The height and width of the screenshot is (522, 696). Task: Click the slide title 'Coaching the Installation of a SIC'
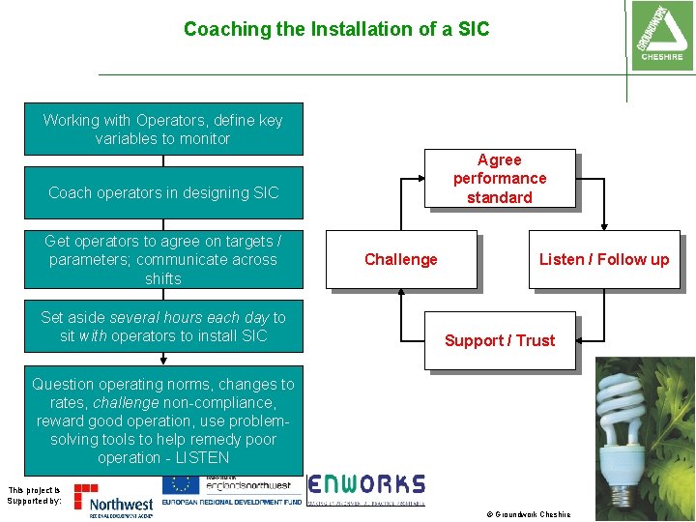336,29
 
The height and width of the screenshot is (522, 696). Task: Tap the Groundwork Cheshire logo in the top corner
661,34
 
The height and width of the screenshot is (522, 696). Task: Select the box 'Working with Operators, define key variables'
163,130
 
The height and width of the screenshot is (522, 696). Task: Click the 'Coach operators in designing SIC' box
163,192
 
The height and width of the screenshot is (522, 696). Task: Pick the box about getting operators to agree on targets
163,259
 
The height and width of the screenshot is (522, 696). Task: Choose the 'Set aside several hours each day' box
163,327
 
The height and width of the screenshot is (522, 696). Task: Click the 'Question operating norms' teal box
163,420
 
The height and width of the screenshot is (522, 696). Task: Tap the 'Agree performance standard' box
499,179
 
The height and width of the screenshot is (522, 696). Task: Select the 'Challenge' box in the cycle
400,259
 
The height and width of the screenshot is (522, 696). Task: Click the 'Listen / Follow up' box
603,259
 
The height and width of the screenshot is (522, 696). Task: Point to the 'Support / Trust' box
499,340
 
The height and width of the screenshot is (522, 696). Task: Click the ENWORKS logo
366,485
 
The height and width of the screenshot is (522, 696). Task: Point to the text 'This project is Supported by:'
34,496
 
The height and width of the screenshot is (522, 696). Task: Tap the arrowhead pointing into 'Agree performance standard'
420,179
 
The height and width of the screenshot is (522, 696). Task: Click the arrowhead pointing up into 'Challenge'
400,293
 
